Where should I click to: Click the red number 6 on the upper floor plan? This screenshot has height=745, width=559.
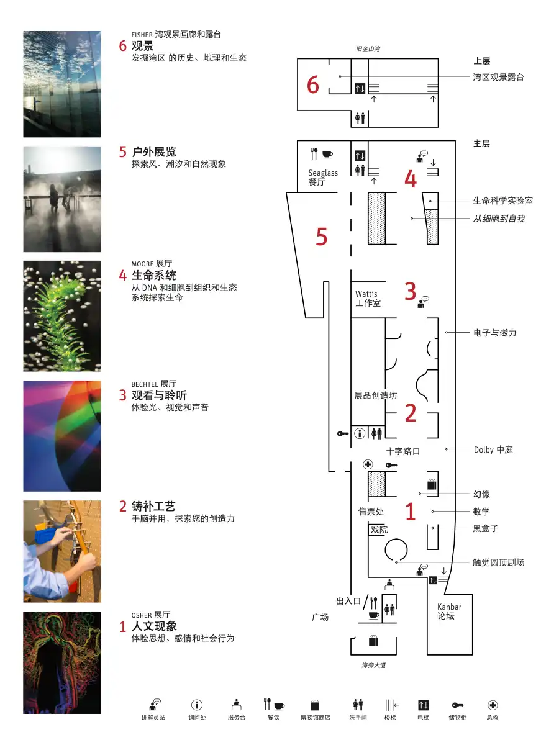coord(312,84)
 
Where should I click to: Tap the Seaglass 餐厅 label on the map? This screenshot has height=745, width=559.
coord(323,177)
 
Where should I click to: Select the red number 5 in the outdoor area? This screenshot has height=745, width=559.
coord(321,237)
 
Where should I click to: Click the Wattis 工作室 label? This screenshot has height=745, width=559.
coord(368,299)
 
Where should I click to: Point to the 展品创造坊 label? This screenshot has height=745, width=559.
coord(375,395)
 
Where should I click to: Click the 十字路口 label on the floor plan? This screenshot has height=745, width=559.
coord(403,451)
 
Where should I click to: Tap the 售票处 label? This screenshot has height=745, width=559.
coord(371,512)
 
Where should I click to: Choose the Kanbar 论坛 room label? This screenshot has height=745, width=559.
coord(449,612)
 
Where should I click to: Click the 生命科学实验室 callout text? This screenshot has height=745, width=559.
coord(502,201)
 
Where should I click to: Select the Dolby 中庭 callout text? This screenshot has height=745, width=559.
coord(493,449)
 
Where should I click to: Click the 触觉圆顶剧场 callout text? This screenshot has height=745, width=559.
coord(498,562)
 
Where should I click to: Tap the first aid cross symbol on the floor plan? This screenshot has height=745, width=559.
coord(368,464)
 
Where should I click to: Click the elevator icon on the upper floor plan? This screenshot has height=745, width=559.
coord(360,89)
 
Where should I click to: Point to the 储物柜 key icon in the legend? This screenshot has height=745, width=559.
coord(458,705)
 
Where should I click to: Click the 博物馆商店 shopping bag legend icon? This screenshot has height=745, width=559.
coord(315,705)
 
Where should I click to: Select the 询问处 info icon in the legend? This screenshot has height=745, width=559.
coord(197,705)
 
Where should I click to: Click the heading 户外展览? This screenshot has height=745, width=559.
coord(154,151)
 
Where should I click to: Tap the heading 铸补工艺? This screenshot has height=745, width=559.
coord(153,506)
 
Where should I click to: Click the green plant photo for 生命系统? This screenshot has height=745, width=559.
coord(62,316)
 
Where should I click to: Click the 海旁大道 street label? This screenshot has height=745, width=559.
coord(374,666)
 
